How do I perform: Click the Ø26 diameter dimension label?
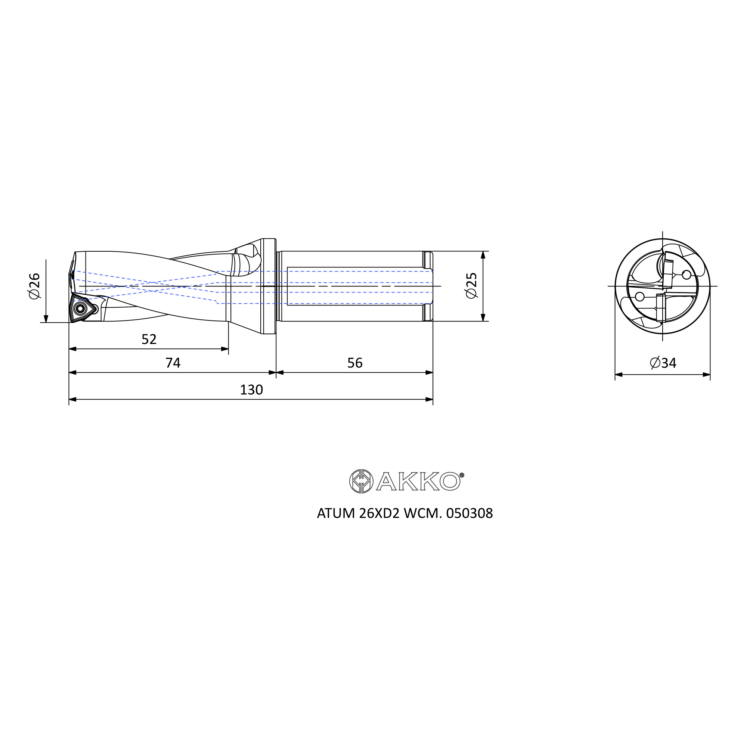click(34, 286)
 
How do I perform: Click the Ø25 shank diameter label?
click(472, 286)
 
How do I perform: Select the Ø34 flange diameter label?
click(663, 363)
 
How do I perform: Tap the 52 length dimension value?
click(149, 339)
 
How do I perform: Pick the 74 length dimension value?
click(173, 363)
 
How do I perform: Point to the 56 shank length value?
click(355, 363)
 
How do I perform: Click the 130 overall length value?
click(251, 390)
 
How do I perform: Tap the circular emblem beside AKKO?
click(361, 481)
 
